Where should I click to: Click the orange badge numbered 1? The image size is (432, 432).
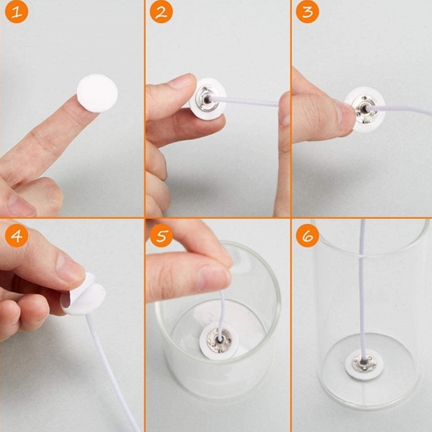pyautogui.click(x=17, y=12)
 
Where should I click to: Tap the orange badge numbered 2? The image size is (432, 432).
pyautogui.click(x=161, y=12)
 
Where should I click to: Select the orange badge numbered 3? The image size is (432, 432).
pyautogui.click(x=307, y=12)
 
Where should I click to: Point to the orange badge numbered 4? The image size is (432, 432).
pyautogui.click(x=17, y=235)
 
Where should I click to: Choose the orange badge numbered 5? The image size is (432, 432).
pyautogui.click(x=161, y=235)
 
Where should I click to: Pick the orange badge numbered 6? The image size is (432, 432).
pyautogui.click(x=307, y=235)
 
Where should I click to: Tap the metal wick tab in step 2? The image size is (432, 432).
pyautogui.click(x=205, y=99)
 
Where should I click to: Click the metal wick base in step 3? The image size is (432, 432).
pyautogui.click(x=364, y=110)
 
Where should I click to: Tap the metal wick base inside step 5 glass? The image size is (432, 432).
pyautogui.click(x=219, y=341)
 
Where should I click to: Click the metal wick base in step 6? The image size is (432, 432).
pyautogui.click(x=364, y=363)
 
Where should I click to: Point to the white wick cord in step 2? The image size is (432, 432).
pyautogui.click(x=244, y=101)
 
